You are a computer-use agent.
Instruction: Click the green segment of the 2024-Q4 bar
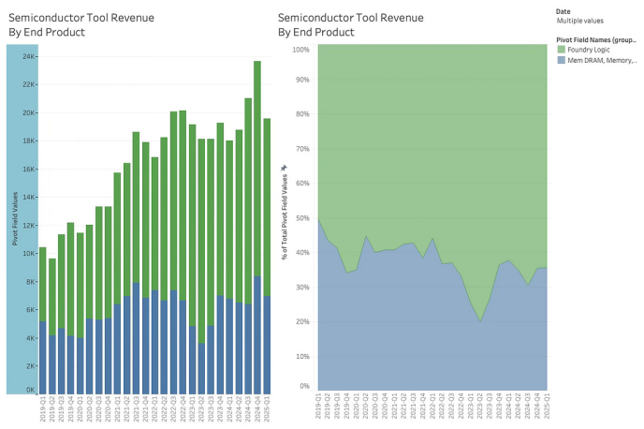[257, 169]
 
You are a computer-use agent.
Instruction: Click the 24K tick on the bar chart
[29, 56]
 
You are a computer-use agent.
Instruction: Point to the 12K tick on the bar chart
[29, 225]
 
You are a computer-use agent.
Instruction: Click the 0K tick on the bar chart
[31, 389]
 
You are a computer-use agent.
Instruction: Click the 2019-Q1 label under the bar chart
[42, 410]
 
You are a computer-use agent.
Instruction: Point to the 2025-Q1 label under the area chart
[547, 410]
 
